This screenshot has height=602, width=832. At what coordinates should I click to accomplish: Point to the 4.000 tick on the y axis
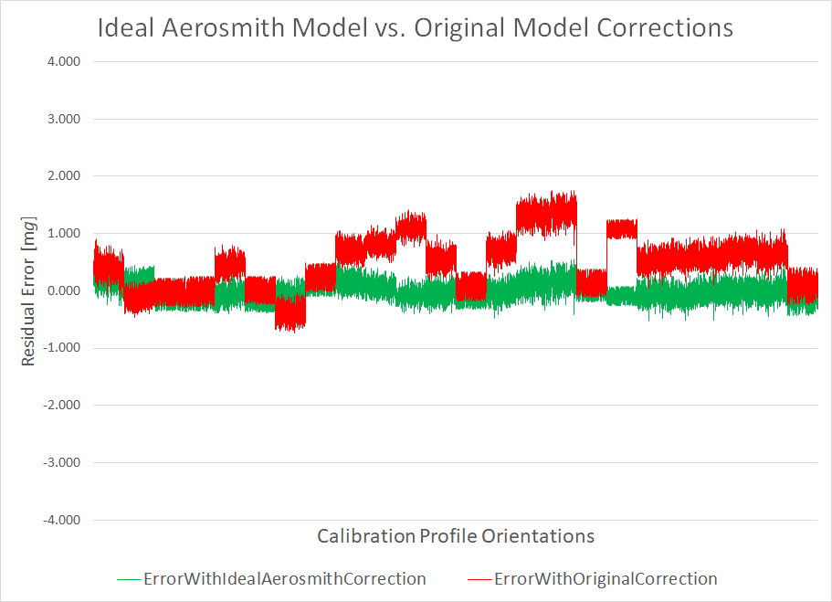coord(63,62)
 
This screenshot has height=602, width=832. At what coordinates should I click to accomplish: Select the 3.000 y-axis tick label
coord(63,119)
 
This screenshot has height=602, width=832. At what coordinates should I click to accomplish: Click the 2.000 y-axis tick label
coord(63,176)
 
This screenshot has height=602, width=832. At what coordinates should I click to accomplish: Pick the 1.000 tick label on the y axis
coord(63,234)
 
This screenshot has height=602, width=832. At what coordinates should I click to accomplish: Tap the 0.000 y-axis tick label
coord(63,290)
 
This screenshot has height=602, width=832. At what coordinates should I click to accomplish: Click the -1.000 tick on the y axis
coord(61,348)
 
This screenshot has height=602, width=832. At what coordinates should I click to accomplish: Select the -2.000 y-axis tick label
coord(61,406)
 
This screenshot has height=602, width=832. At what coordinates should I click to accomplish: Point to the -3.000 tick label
coord(61,462)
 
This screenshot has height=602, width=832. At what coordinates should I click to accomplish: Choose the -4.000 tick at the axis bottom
coord(61,520)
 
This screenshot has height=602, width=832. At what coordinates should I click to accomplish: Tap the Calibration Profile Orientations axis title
coord(456,535)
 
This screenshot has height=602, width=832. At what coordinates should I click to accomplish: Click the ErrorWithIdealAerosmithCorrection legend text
coord(284,579)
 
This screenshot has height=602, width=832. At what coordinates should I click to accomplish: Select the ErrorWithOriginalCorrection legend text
coord(605,579)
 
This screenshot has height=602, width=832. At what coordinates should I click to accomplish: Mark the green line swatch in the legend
coord(130,579)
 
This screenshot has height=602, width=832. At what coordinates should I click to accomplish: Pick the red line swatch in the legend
coord(479,579)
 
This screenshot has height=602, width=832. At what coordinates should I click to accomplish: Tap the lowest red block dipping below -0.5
coord(290,313)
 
